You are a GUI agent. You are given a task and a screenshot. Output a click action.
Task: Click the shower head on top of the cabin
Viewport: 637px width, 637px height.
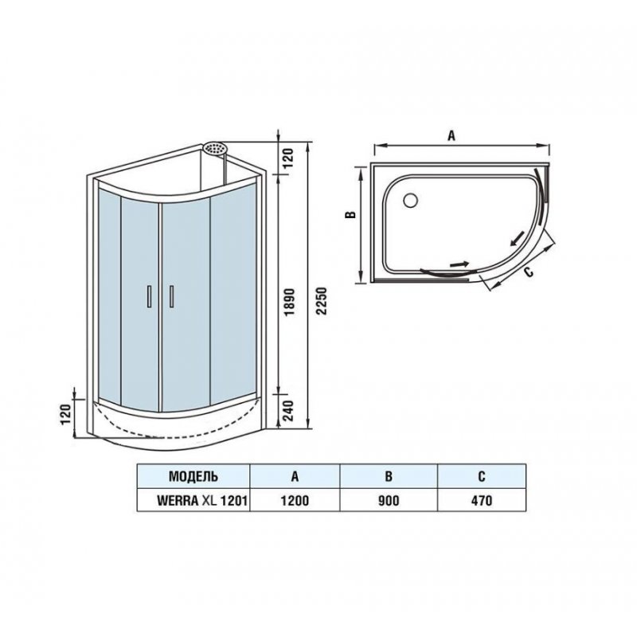pyautogui.click(x=215, y=148)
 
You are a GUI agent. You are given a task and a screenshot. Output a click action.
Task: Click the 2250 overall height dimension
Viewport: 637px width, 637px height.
pyautogui.click(x=322, y=301)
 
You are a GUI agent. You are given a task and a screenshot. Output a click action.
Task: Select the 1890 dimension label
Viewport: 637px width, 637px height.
pyautogui.click(x=289, y=303)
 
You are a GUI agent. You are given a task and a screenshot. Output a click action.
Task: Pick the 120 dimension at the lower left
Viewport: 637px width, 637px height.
pyautogui.click(x=66, y=414)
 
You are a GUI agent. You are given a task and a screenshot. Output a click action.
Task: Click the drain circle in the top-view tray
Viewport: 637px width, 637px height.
pyautogui.click(x=411, y=200)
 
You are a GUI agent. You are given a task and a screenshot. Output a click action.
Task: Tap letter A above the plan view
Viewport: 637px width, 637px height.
pyautogui.click(x=451, y=135)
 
